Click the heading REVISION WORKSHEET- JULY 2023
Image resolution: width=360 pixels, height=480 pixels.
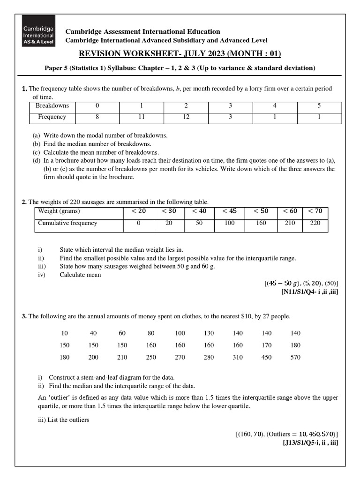(x=180, y=53)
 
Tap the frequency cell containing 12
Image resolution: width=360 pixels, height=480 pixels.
(x=186, y=117)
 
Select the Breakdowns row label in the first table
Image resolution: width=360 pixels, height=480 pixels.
(x=52, y=105)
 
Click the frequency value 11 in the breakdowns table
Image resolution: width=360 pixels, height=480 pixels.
(x=141, y=117)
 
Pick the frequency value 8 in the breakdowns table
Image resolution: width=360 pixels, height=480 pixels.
(x=97, y=117)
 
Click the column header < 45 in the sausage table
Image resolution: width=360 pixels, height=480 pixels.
(x=229, y=211)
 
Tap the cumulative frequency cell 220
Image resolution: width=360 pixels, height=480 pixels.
(x=315, y=223)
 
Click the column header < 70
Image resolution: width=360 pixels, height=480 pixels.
(x=315, y=211)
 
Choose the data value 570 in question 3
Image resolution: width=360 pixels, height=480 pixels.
(x=295, y=357)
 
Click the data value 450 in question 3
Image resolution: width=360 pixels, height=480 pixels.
(x=266, y=357)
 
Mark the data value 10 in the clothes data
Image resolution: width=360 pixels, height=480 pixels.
(x=64, y=333)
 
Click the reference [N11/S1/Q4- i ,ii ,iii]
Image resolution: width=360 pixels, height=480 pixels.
(x=309, y=292)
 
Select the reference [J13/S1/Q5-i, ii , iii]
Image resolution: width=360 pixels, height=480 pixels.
(x=309, y=442)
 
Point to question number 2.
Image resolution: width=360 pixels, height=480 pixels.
(x=24, y=202)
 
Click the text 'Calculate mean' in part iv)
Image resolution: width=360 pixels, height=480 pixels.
(x=80, y=275)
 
